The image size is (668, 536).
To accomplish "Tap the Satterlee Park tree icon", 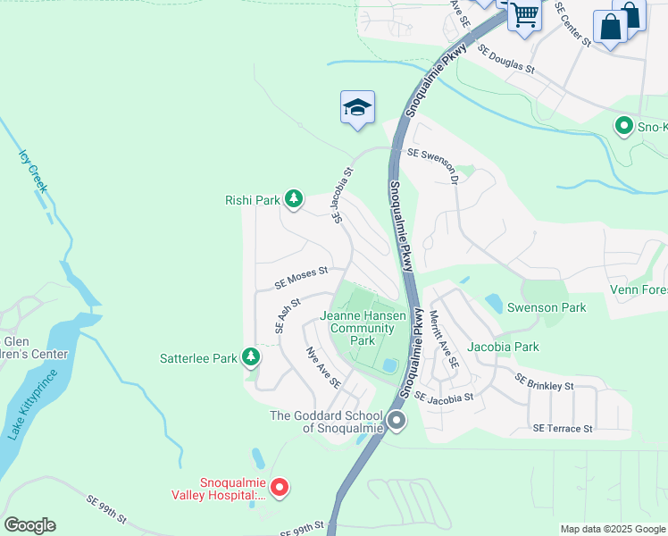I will tap(251, 358).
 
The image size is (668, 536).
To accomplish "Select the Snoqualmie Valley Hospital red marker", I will tap(280, 487).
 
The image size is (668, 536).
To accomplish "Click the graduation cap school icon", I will tap(356, 108).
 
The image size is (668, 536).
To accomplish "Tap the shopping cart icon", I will tap(524, 14).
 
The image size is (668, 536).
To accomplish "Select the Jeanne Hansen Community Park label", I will tap(363, 328).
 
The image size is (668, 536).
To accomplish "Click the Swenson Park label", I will tap(547, 307).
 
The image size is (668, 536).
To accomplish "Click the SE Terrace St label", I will tap(563, 429).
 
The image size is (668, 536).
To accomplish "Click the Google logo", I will tap(29, 525).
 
